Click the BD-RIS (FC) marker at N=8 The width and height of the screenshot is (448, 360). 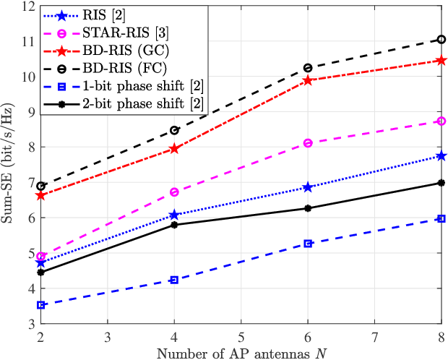coord(441,39)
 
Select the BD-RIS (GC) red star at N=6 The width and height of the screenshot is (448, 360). coord(308,80)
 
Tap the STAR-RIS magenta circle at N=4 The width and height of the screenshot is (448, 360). coord(174,192)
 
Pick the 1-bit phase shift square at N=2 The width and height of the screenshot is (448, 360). coord(40,305)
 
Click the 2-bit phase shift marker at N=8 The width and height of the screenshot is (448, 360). coord(441,183)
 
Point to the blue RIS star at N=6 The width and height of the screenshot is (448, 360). coord(308,187)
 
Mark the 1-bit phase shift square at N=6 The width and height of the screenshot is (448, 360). coord(308,244)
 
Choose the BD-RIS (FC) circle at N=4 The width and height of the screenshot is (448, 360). coord(174,130)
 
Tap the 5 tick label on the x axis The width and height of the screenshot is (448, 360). coord(241,337)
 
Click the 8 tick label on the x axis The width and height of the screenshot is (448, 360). coord(441,337)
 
